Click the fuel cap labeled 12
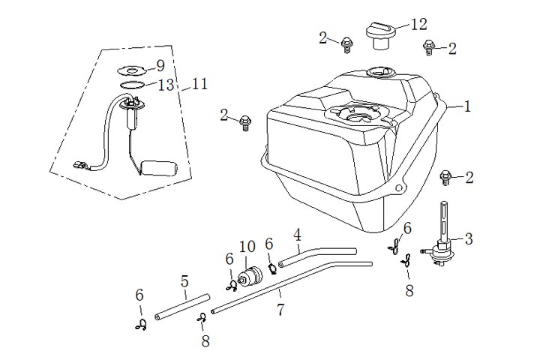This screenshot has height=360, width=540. click(379, 34)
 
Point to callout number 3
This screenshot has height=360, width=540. click(469, 239)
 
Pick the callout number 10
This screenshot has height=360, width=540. click(247, 247)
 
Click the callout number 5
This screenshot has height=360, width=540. click(184, 283)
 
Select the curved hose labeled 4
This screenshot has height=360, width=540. click(316, 257)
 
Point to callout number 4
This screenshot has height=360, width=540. click(298, 235)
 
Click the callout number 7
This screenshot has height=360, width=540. click(280, 309)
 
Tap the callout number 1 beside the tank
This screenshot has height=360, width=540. click(466, 106)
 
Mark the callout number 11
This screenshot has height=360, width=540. click(199, 83)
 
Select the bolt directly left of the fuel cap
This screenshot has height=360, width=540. click(346, 44)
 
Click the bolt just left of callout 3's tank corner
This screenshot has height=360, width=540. click(445, 178)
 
